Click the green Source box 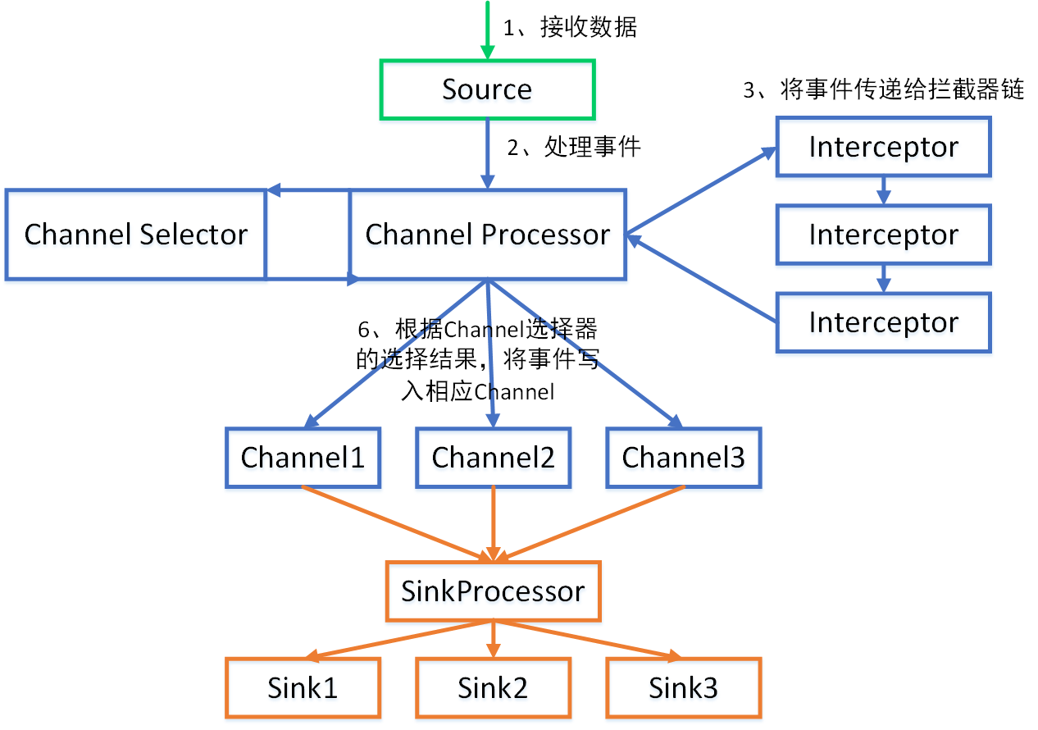pyautogui.click(x=487, y=89)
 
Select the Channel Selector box pyautogui.click(x=136, y=235)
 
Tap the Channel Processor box pyautogui.click(x=488, y=235)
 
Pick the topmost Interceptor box pyautogui.click(x=883, y=147)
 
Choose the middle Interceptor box pyautogui.click(x=883, y=235)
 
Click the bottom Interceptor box pyautogui.click(x=883, y=322)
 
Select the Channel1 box pyautogui.click(x=303, y=458)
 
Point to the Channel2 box pyautogui.click(x=493, y=458)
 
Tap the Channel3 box pyautogui.click(x=683, y=458)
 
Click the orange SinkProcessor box pyautogui.click(x=493, y=591)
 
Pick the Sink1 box pyautogui.click(x=303, y=687)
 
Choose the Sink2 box pyautogui.click(x=493, y=687)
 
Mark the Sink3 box pyautogui.click(x=683, y=687)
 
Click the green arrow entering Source pyautogui.click(x=487, y=29)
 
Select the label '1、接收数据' pyautogui.click(x=570, y=28)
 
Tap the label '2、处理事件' pyautogui.click(x=574, y=148)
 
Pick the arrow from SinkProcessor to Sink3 pyautogui.click(x=590, y=640)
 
